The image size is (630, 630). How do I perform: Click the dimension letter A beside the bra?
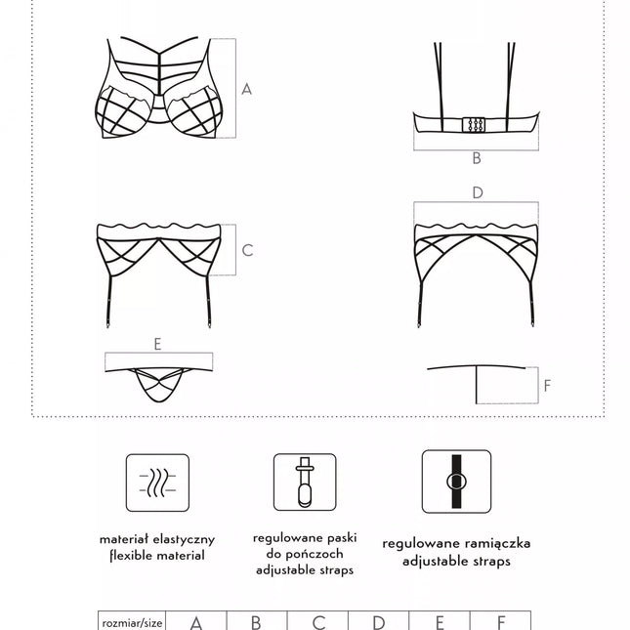pyautogui.click(x=247, y=89)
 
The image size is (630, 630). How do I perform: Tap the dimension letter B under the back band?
pyautogui.click(x=477, y=158)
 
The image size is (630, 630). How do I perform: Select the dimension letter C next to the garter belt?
pyautogui.click(x=247, y=251)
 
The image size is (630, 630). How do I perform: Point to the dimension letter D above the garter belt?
pyautogui.click(x=478, y=192)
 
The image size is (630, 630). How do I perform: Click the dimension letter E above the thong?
pyautogui.click(x=157, y=345)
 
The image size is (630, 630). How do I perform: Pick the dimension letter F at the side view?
pyautogui.click(x=547, y=386)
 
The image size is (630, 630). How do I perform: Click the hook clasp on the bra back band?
pyautogui.click(x=474, y=125)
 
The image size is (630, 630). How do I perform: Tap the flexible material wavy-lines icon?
pyautogui.click(x=157, y=483)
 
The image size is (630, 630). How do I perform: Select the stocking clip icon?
pyautogui.click(x=305, y=483)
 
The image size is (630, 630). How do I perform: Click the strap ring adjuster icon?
pyautogui.click(x=456, y=482)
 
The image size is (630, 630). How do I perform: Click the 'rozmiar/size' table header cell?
pyautogui.click(x=132, y=621)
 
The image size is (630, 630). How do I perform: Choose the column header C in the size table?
pyautogui.click(x=318, y=622)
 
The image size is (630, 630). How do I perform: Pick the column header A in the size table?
pyautogui.click(x=196, y=622)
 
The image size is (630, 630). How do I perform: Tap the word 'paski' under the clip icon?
pyautogui.click(x=342, y=538)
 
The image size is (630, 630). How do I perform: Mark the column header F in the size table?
pyautogui.click(x=501, y=622)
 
